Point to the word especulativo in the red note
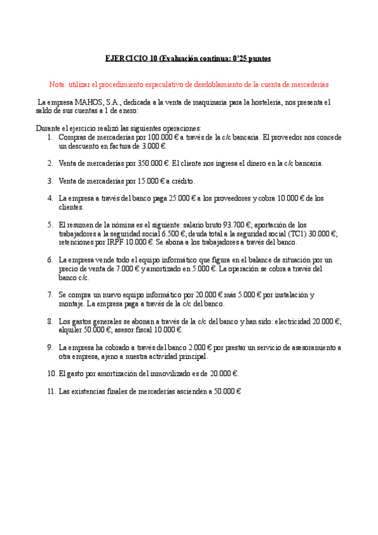(155, 84)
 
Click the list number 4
(50, 198)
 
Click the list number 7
(50, 295)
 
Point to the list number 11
(51, 391)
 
